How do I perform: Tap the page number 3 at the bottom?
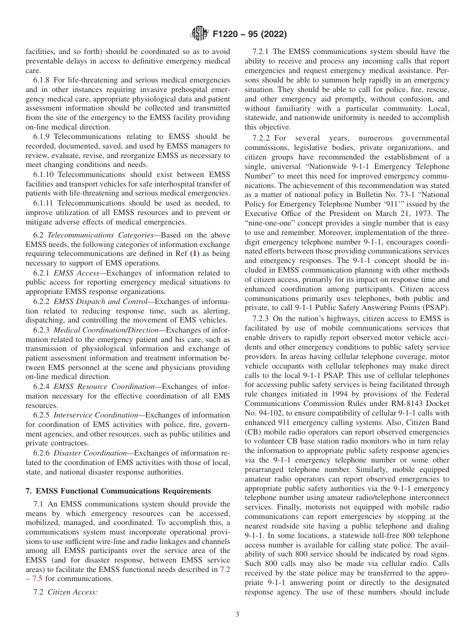pyautogui.click(x=237, y=614)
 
